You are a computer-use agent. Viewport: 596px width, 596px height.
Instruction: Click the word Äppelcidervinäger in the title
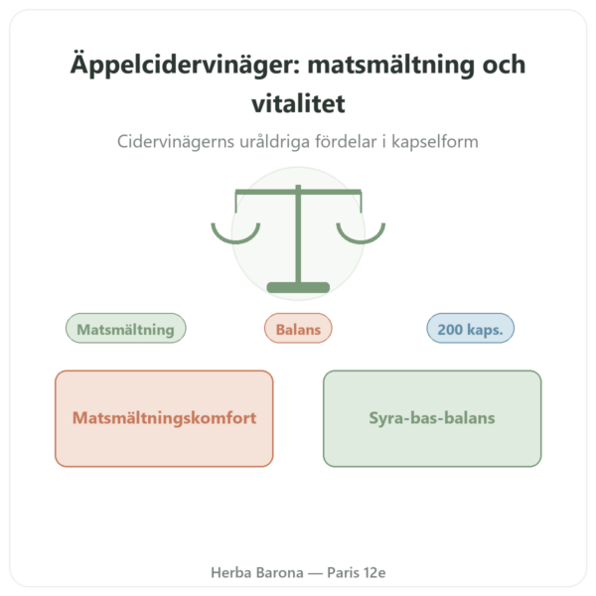click(185, 65)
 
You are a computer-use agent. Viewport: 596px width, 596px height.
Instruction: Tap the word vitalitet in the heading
click(298, 103)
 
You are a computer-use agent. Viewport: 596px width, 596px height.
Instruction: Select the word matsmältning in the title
click(390, 66)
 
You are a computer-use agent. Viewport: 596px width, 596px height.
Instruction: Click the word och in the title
click(504, 65)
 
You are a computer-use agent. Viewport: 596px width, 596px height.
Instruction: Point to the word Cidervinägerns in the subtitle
click(176, 142)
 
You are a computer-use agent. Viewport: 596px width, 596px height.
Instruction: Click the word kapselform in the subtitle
click(435, 142)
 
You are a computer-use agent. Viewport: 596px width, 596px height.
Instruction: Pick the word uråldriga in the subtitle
click(274, 142)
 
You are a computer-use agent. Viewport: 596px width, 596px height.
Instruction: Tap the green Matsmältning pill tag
click(126, 329)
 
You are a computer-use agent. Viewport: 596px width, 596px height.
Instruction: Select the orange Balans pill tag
click(298, 329)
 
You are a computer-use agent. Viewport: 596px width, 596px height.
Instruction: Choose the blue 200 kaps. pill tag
click(471, 329)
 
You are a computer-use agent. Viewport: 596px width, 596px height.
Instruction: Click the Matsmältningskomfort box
click(164, 418)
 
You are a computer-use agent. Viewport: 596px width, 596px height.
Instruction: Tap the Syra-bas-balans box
click(432, 418)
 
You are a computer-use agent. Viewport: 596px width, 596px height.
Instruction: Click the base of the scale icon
click(298, 287)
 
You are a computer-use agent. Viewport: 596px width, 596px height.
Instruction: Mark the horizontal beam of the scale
click(298, 192)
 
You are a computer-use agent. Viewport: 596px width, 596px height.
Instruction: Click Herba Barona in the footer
click(257, 572)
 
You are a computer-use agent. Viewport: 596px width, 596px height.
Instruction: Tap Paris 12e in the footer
click(357, 572)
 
